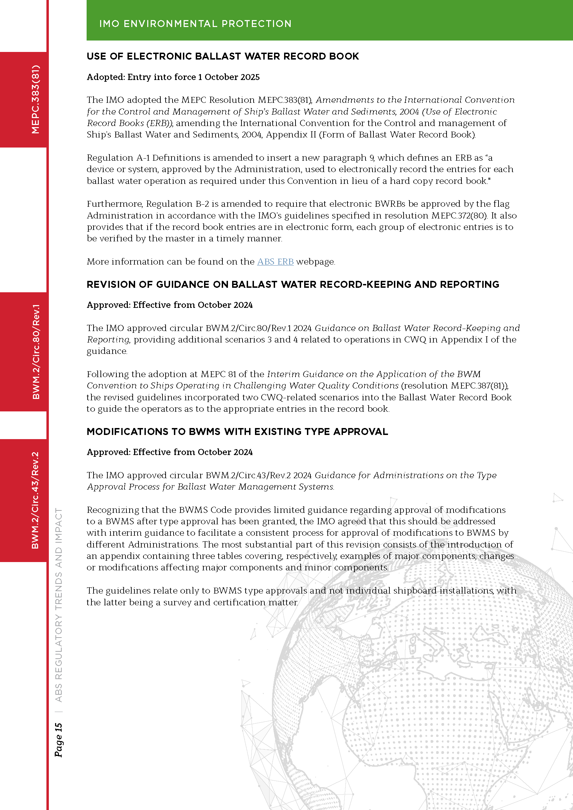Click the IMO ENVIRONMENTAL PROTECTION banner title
click(195, 24)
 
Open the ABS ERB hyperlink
click(275, 262)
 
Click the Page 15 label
click(59, 740)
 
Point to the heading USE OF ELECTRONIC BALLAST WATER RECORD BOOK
click(223, 56)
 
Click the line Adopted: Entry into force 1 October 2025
click(173, 77)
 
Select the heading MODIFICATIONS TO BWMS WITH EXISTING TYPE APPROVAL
click(237, 431)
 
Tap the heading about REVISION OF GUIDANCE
click(292, 284)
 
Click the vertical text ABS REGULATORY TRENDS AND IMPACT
click(59, 605)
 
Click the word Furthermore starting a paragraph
click(115, 204)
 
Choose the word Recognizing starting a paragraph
click(113, 510)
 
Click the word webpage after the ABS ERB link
click(315, 262)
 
